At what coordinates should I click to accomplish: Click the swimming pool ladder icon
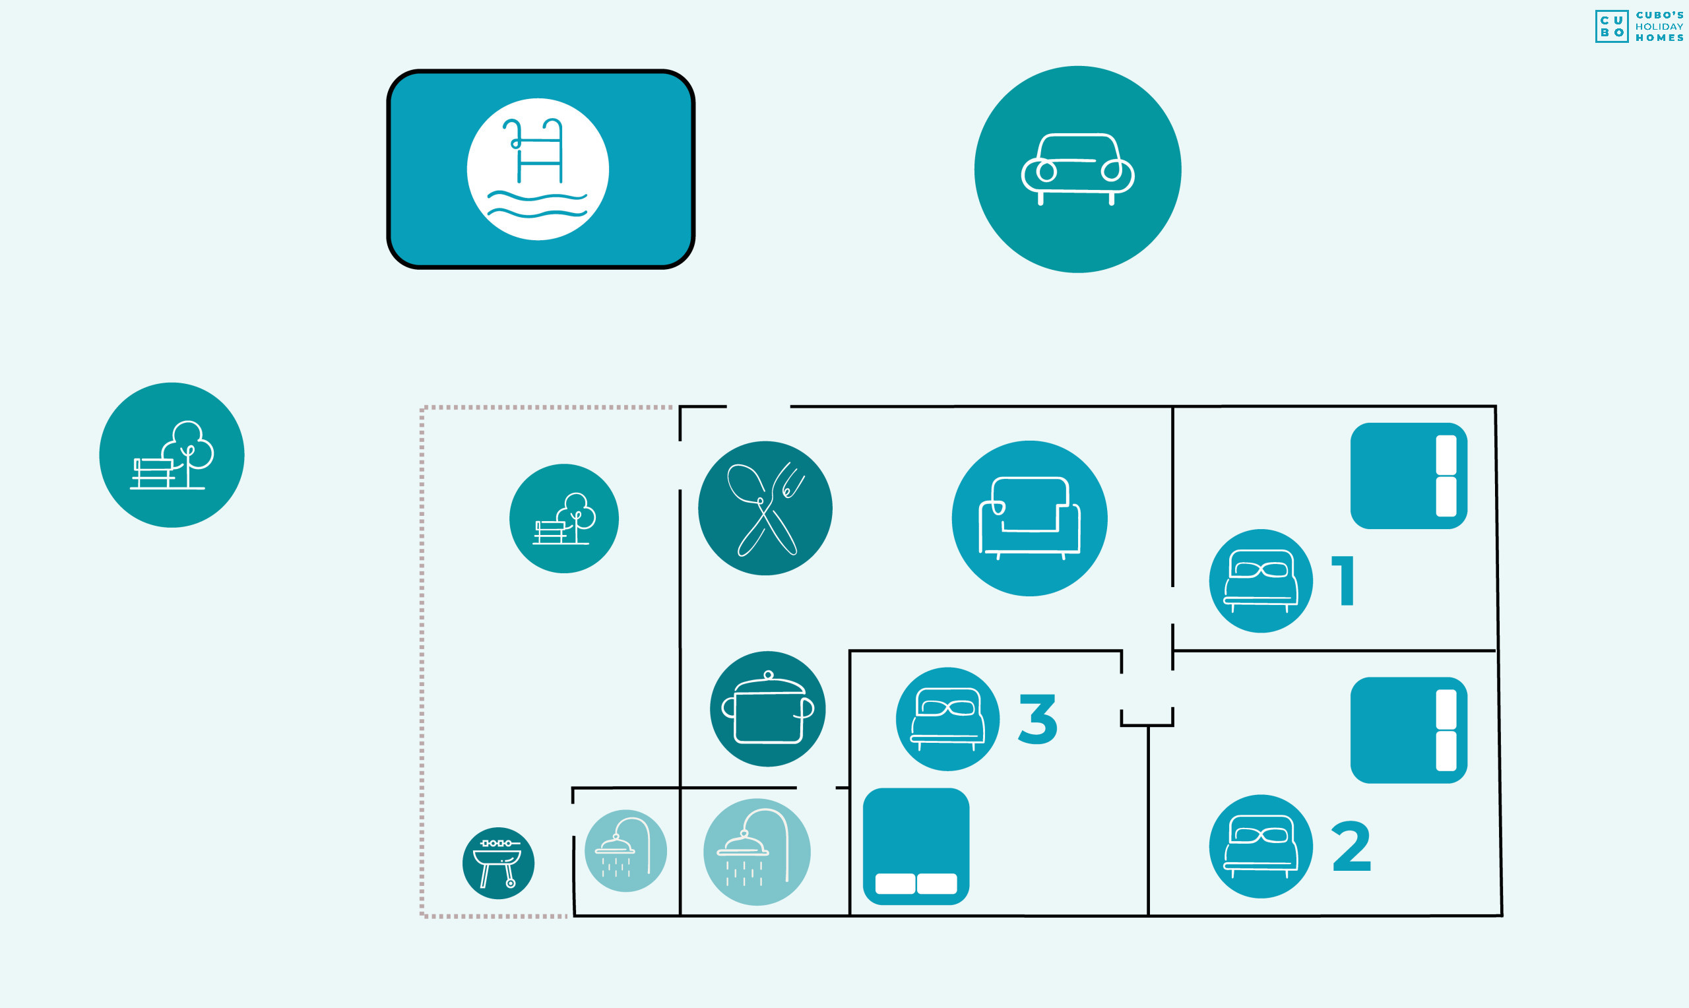point(538,169)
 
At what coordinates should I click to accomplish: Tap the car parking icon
point(1078,169)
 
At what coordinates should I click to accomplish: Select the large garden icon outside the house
point(172,455)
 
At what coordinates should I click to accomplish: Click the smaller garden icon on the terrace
point(563,519)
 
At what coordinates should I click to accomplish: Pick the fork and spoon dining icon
point(765,508)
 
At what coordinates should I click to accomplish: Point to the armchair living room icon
point(1029,519)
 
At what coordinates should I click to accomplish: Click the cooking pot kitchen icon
point(767,709)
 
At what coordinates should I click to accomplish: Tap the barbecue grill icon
point(499,863)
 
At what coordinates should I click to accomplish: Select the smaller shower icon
point(625,850)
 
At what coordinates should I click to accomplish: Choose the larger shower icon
point(757,852)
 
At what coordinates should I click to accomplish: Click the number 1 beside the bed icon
point(1344,580)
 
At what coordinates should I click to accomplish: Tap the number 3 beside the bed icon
point(1038,718)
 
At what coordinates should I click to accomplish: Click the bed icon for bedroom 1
point(1260,581)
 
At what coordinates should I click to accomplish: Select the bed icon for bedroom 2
point(1260,846)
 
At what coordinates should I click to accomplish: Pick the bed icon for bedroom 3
point(947,718)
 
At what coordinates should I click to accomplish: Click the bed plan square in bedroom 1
point(1409,476)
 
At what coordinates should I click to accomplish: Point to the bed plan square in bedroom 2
point(1409,730)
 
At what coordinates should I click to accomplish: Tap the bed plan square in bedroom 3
point(916,846)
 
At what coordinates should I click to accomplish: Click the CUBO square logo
point(1612,26)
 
